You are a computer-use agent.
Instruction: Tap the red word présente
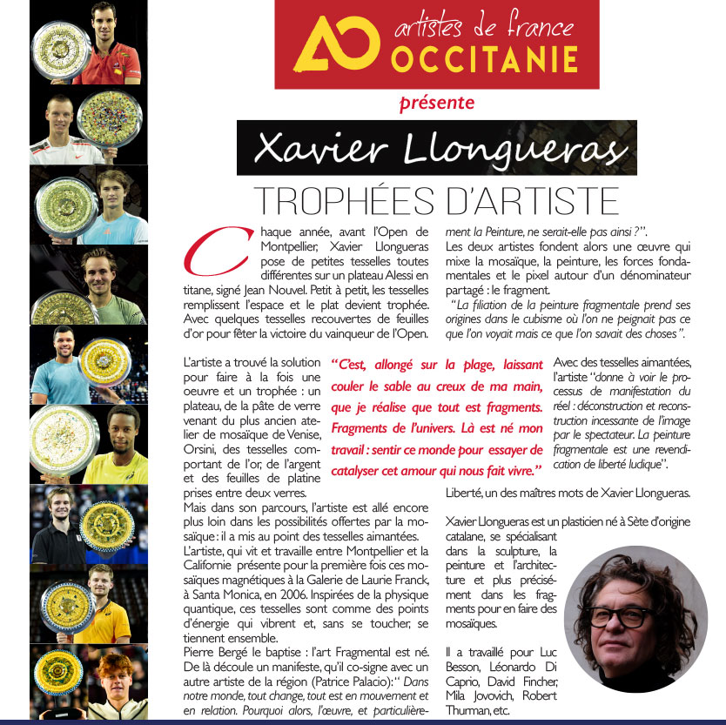[x=436, y=104]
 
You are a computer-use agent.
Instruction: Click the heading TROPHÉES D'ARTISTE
[x=435, y=200]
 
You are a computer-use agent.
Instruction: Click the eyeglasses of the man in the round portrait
[x=627, y=615]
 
